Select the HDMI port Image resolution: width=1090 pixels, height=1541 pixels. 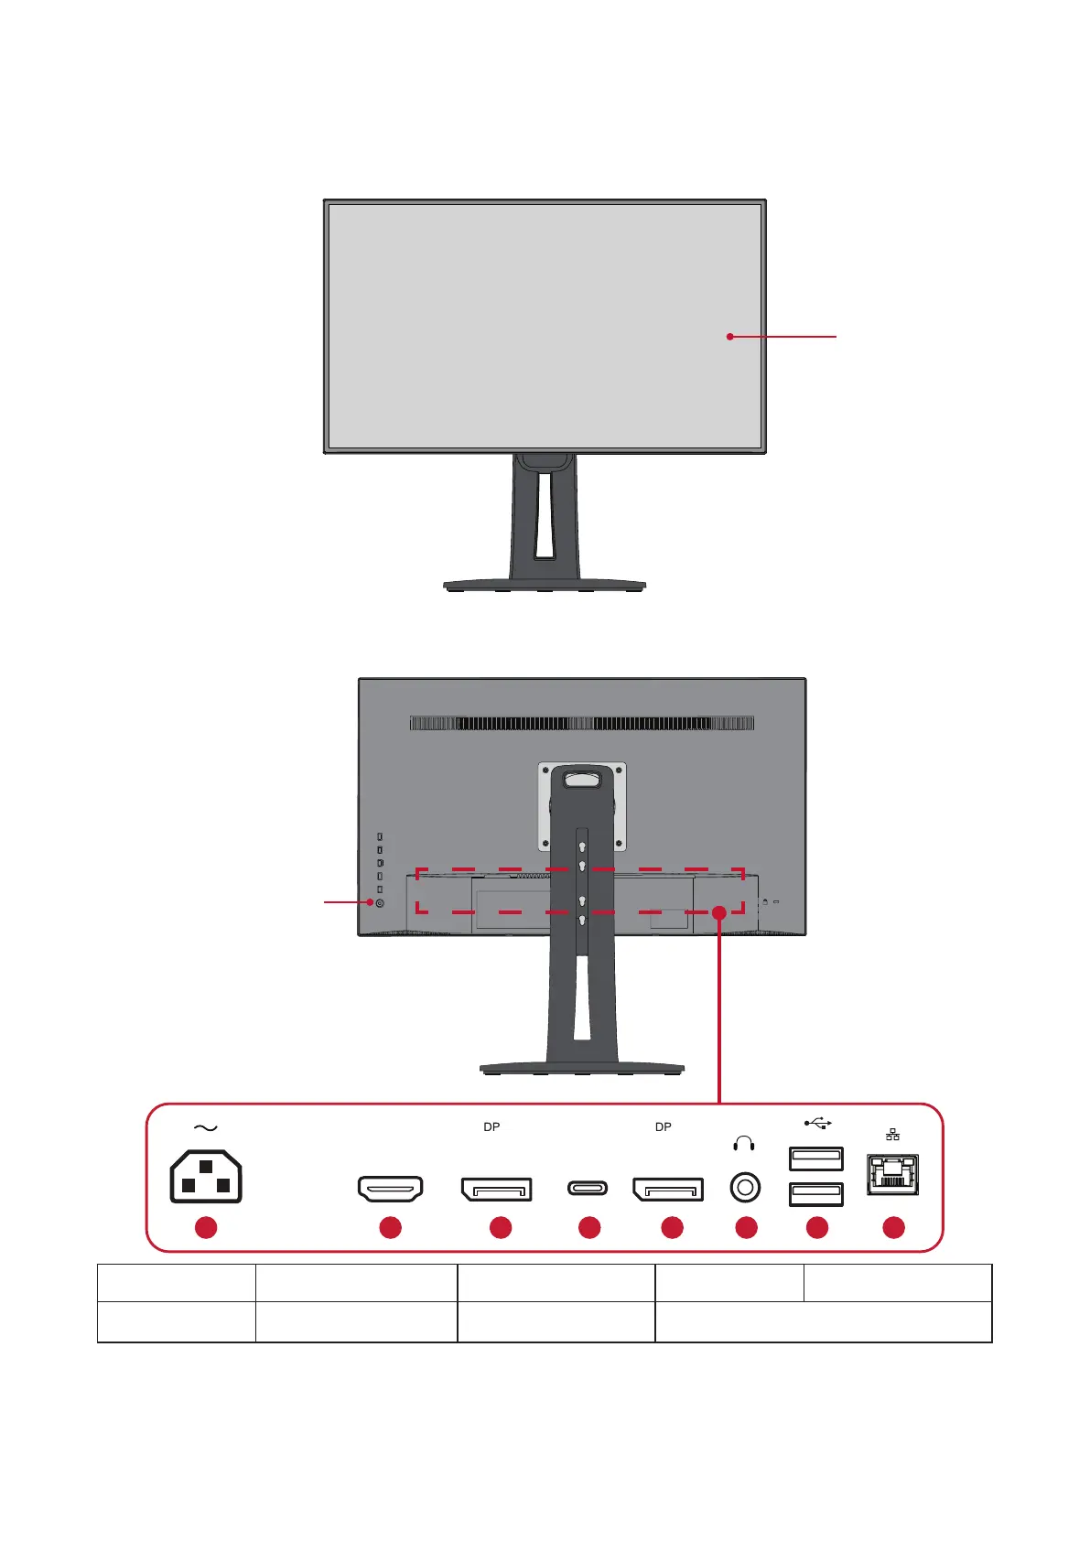click(390, 1189)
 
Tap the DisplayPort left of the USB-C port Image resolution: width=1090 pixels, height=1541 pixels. click(496, 1189)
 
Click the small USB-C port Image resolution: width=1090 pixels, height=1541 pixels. click(587, 1189)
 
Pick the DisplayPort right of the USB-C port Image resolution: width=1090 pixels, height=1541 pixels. click(668, 1189)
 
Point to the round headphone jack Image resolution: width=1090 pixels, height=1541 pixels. click(745, 1188)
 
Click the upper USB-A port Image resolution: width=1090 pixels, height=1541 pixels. click(815, 1158)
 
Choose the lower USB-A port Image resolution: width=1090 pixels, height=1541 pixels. click(815, 1193)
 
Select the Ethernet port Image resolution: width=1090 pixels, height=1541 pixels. click(892, 1175)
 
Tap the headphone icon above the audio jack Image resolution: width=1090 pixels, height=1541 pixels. click(744, 1144)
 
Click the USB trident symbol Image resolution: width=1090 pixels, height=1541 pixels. click(817, 1123)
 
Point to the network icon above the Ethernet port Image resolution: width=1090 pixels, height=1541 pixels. click(892, 1135)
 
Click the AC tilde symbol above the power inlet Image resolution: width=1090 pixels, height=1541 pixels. click(206, 1128)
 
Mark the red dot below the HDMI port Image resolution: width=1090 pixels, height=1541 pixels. click(391, 1227)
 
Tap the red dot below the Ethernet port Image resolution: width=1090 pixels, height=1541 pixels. click(893, 1227)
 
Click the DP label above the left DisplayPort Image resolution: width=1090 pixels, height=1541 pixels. click(491, 1127)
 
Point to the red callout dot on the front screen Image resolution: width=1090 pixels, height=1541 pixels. click(729, 337)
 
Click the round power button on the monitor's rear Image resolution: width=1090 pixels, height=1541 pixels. click(380, 903)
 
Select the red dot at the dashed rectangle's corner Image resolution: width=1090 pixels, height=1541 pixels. click(719, 912)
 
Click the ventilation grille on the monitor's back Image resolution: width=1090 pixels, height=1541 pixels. click(582, 723)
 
